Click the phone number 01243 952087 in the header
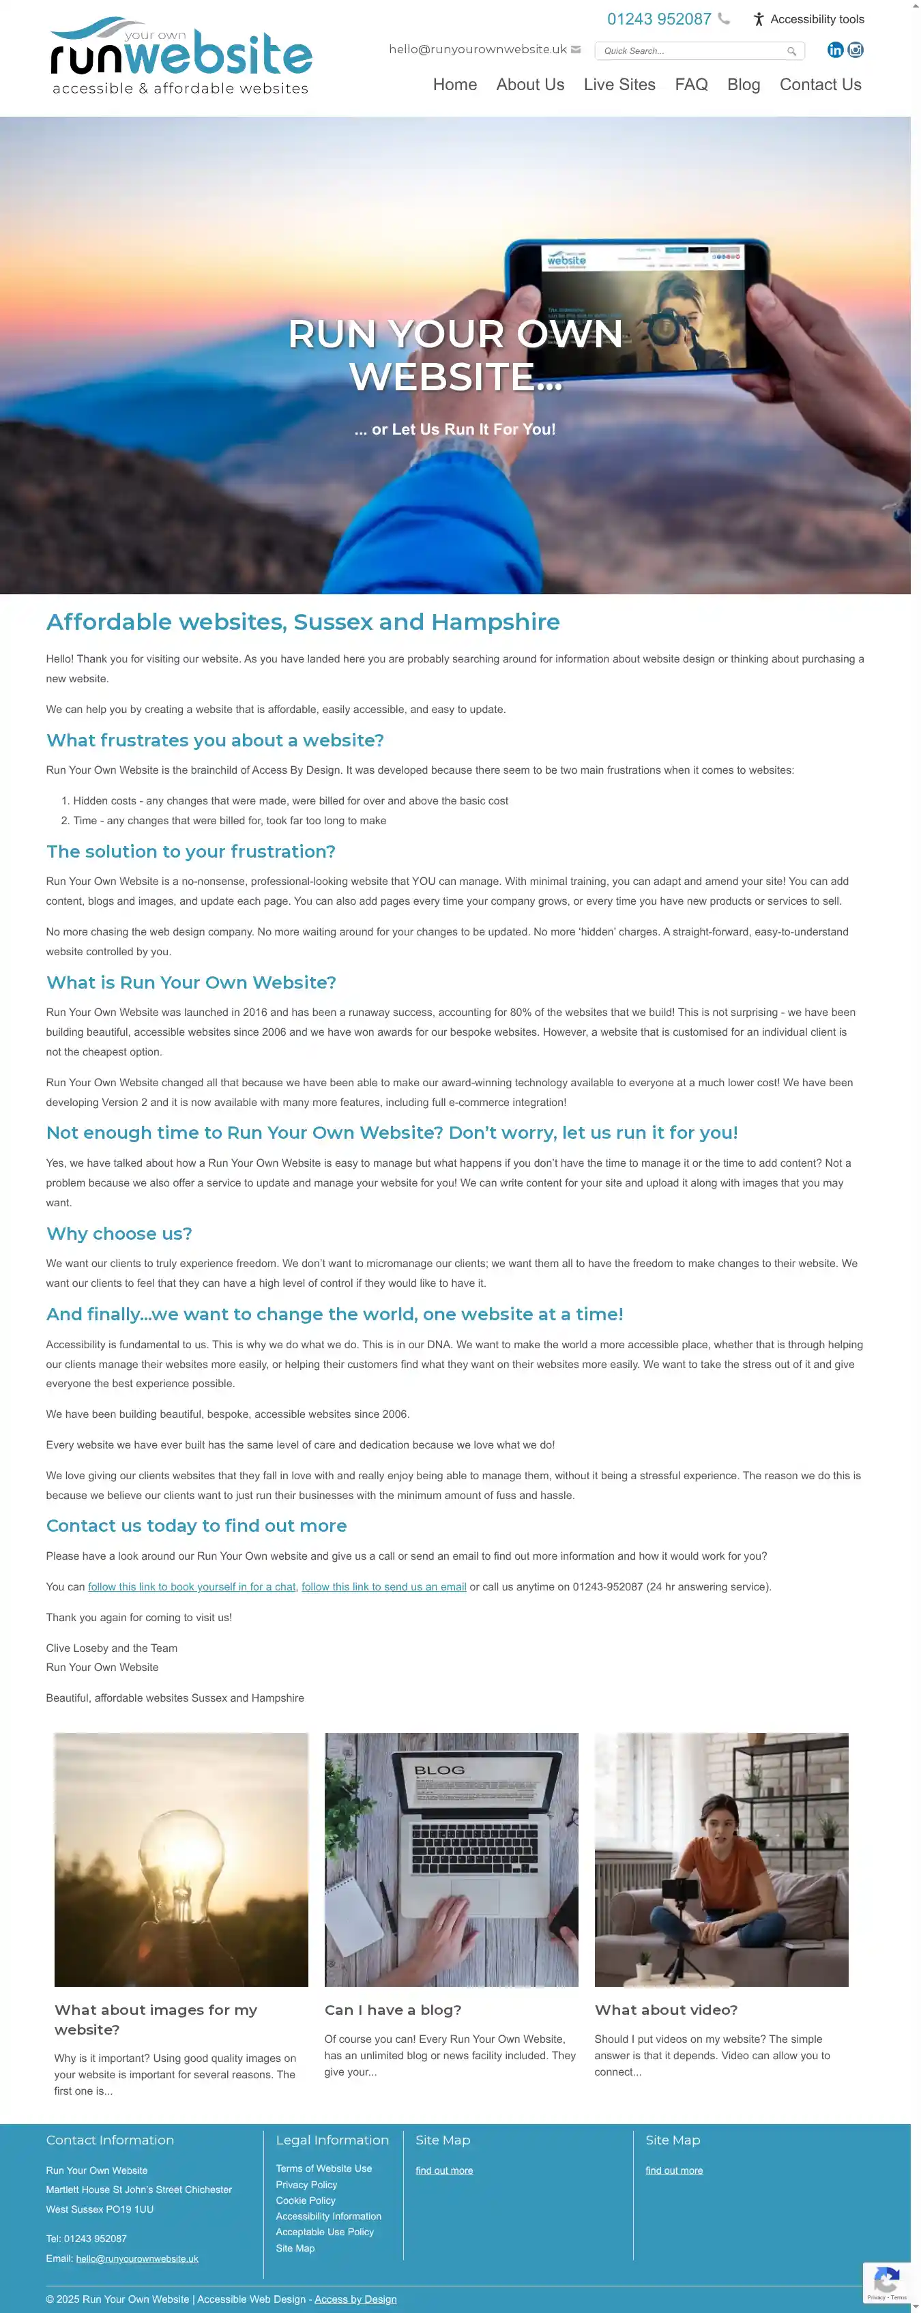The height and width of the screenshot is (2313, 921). pyautogui.click(x=659, y=19)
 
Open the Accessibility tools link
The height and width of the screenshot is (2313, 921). pyautogui.click(x=809, y=19)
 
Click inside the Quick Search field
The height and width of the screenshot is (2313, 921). pyautogui.click(x=691, y=51)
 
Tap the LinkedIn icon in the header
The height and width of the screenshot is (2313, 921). pyautogui.click(x=835, y=50)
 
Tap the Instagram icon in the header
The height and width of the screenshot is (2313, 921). pyautogui.click(x=856, y=50)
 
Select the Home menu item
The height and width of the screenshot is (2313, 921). pyautogui.click(x=454, y=85)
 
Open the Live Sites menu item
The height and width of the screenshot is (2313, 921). pyautogui.click(x=619, y=85)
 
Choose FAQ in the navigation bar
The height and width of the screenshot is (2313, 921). pyautogui.click(x=691, y=85)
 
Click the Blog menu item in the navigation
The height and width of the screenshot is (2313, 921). pyautogui.click(x=743, y=85)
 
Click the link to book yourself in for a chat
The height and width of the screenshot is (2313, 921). pyautogui.click(x=191, y=1586)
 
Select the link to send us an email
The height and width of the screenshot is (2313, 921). pyautogui.click(x=383, y=1586)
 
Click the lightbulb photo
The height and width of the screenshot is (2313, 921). pyautogui.click(x=181, y=1859)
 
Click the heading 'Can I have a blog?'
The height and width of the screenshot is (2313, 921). pyautogui.click(x=393, y=2009)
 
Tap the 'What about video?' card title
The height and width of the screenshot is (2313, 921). pyautogui.click(x=666, y=2009)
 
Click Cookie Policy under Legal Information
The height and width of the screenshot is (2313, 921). pyautogui.click(x=305, y=2200)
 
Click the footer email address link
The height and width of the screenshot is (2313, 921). pyautogui.click(x=136, y=2258)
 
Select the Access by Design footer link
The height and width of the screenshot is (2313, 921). pyautogui.click(x=355, y=2299)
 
